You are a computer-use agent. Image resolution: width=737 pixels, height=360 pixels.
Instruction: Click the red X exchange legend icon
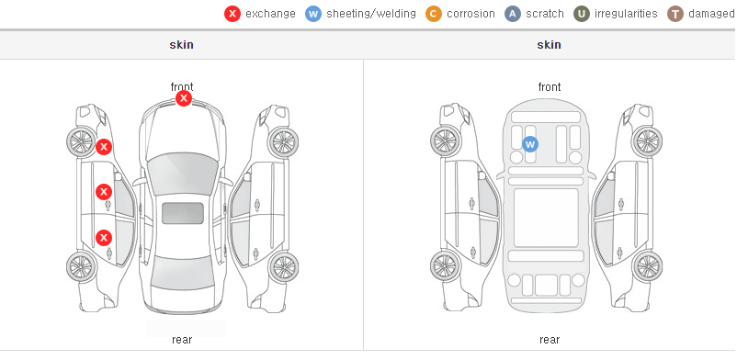(x=232, y=14)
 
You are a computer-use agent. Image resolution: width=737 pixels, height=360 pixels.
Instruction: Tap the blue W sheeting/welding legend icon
(x=313, y=14)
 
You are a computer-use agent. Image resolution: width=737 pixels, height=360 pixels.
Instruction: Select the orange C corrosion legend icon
(x=434, y=14)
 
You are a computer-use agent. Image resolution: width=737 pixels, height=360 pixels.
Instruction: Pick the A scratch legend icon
(x=513, y=14)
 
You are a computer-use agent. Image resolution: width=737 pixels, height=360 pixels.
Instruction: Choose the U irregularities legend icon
(x=582, y=14)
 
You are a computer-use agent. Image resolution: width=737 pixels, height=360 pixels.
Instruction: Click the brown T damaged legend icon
(x=675, y=14)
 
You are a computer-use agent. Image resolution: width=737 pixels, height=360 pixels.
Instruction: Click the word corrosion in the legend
(x=471, y=14)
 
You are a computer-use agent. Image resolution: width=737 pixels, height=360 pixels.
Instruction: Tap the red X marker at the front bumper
(x=184, y=98)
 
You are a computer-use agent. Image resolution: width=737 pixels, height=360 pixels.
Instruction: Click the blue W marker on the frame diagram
(x=530, y=144)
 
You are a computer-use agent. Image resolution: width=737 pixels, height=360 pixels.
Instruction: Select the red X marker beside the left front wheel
(x=104, y=147)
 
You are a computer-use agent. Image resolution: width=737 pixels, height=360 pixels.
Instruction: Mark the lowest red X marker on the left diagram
(x=104, y=237)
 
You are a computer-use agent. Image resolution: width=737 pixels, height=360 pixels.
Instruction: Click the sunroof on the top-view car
(x=183, y=213)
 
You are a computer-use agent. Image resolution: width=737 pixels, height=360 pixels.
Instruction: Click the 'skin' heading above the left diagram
(x=181, y=45)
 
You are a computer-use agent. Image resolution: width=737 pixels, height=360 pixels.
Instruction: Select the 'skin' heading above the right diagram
(x=549, y=45)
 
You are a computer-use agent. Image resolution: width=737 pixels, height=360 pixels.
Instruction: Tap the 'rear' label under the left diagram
(x=182, y=339)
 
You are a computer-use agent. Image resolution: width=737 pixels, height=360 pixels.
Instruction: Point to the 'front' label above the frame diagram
(x=550, y=87)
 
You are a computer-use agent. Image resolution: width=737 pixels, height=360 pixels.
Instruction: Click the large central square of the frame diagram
(x=546, y=218)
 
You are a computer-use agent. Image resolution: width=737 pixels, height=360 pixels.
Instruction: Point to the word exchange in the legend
(x=270, y=14)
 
